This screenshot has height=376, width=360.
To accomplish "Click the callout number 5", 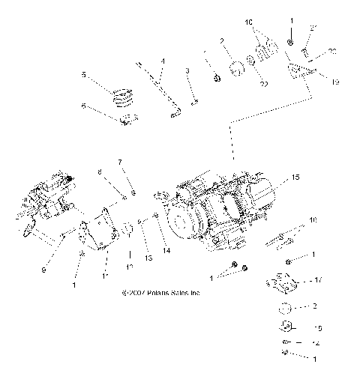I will pos(85,74).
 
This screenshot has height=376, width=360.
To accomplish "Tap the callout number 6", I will pos(85,106).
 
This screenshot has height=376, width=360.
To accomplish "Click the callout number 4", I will pos(163,59).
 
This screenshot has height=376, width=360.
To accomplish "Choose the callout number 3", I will pos(189,70).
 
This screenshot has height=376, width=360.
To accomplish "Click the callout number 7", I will pos(118,161).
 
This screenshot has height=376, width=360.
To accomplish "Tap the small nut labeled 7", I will pos(131,194).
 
